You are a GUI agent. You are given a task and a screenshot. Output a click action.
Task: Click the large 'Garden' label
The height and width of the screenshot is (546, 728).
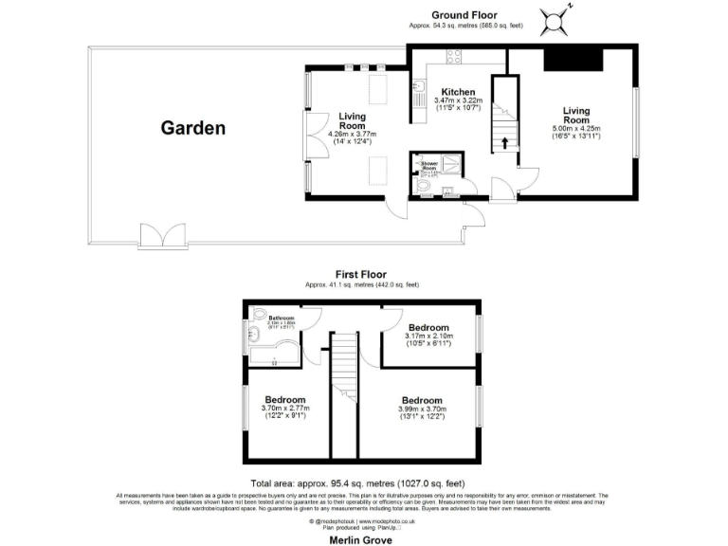pyautogui.click(x=192, y=128)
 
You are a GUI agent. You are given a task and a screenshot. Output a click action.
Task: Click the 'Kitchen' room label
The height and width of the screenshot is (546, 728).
pyautogui.click(x=459, y=92)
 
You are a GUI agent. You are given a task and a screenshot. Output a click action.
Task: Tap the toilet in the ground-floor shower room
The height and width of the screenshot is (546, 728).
pyautogui.click(x=425, y=189)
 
